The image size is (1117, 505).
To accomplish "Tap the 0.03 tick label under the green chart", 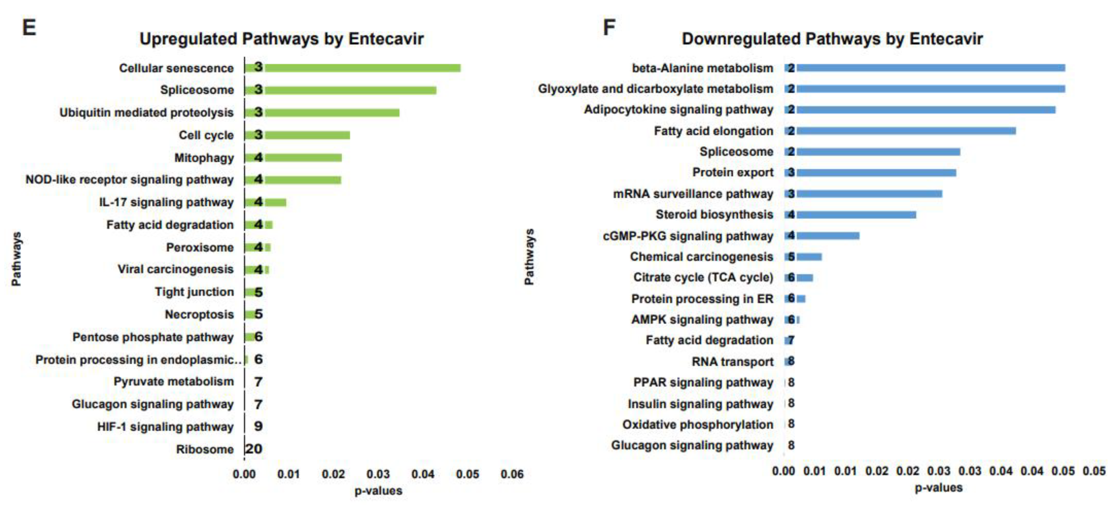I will [378, 474].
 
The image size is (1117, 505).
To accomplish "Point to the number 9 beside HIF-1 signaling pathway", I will [259, 426].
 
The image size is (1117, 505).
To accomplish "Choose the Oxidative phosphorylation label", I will [698, 425].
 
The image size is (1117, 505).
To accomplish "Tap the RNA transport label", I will [732, 362].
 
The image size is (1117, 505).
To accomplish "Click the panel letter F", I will [609, 27].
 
